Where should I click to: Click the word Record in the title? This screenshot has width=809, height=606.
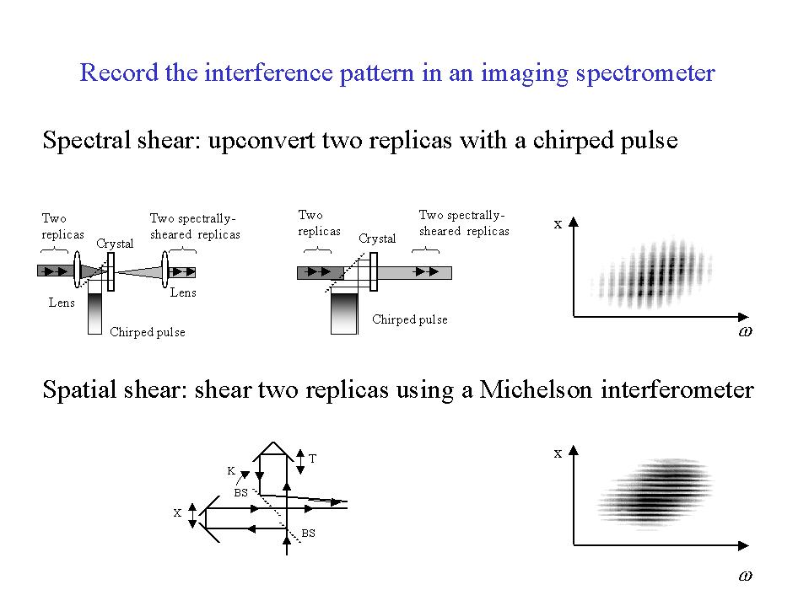[119, 72]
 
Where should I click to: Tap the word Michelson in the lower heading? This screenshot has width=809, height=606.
[536, 389]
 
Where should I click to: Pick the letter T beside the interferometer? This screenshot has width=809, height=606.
[313, 459]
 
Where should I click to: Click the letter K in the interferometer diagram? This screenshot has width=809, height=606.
[231, 470]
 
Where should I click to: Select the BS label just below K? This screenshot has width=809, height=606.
[241, 492]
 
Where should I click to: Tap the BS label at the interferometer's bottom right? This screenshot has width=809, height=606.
[308, 534]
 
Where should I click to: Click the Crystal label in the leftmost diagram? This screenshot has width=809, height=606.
[115, 244]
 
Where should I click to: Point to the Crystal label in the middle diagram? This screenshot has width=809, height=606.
[377, 239]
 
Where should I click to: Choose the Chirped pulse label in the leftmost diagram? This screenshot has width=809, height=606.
[148, 332]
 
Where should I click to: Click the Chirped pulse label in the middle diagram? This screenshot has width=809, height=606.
[410, 319]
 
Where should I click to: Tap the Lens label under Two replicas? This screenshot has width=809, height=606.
[62, 303]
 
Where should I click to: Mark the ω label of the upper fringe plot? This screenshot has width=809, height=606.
[745, 332]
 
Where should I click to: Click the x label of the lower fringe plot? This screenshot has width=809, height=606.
[558, 454]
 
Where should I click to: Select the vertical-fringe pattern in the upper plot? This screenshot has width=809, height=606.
[653, 273]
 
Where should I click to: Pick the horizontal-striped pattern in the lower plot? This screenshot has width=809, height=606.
[655, 494]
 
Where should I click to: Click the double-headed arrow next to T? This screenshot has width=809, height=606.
[300, 462]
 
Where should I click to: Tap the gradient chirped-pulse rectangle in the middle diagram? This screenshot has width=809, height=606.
[344, 311]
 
